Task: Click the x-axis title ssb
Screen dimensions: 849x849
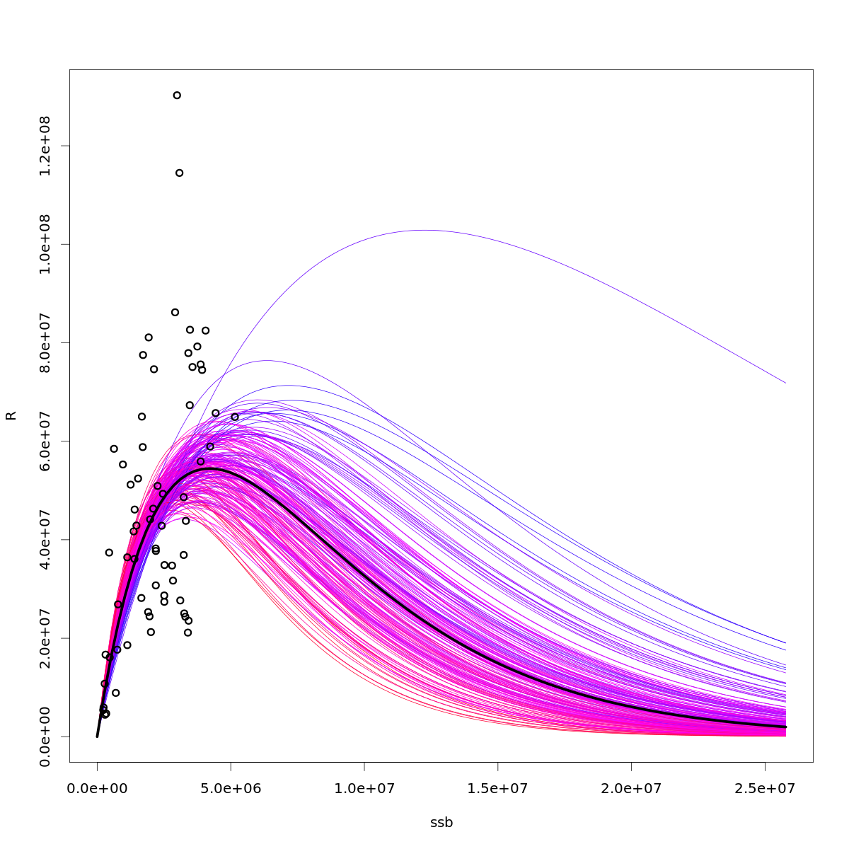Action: [441, 823]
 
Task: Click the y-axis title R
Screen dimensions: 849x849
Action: [11, 415]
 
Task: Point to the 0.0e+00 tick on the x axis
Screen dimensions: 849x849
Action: [98, 788]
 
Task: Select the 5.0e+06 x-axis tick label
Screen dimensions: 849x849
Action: [231, 788]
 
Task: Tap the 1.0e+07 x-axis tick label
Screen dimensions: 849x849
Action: [364, 788]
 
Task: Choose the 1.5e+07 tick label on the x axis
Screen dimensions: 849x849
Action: [498, 788]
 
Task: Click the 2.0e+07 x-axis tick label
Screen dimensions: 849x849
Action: [631, 788]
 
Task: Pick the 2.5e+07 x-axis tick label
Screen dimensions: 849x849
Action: [765, 788]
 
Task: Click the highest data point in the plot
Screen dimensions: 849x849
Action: [177, 96]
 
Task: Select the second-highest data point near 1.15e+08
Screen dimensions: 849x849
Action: [180, 173]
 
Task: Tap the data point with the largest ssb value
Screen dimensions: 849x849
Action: [235, 417]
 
